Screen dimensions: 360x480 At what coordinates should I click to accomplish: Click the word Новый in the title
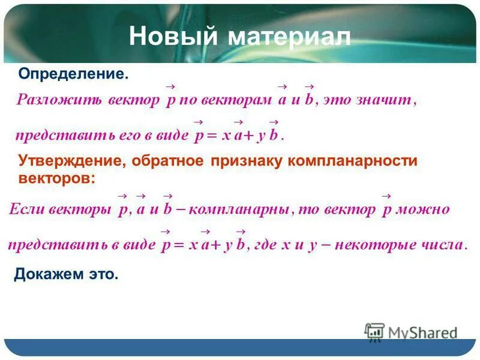click(x=173, y=37)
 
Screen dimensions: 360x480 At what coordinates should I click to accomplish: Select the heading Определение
click(x=73, y=74)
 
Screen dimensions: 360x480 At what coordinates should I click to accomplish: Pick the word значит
click(x=386, y=100)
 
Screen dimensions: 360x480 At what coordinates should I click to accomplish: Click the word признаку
click(x=247, y=161)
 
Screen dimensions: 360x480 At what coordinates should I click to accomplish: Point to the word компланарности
click(x=352, y=161)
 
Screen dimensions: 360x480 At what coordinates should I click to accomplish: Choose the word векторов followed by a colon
click(x=56, y=178)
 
